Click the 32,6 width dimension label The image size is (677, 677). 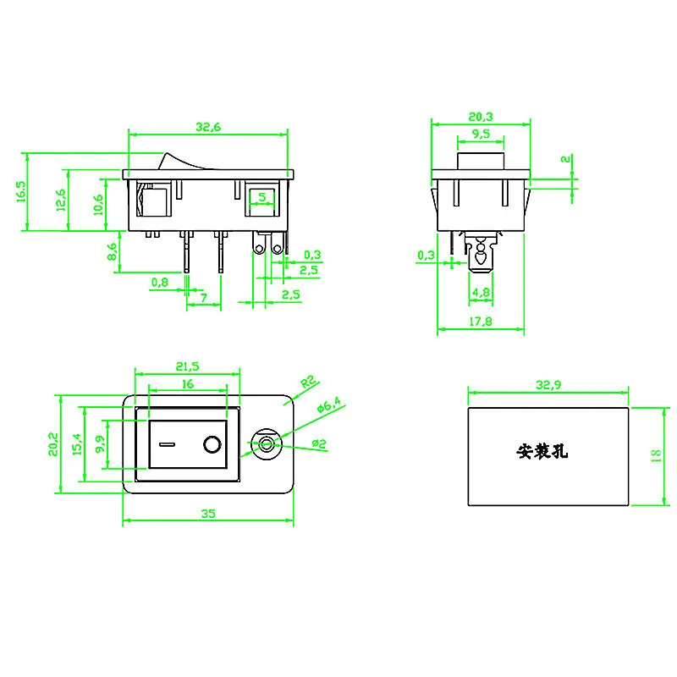[208, 127]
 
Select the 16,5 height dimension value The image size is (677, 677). [21, 191]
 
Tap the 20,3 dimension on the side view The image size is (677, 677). [481, 117]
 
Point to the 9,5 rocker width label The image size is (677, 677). [481, 134]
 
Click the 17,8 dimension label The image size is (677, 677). [481, 322]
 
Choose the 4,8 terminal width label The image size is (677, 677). [481, 292]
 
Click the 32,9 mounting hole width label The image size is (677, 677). [548, 385]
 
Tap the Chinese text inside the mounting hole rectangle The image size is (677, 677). [542, 452]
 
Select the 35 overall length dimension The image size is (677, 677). [208, 514]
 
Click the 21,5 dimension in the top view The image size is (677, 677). [187, 366]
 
